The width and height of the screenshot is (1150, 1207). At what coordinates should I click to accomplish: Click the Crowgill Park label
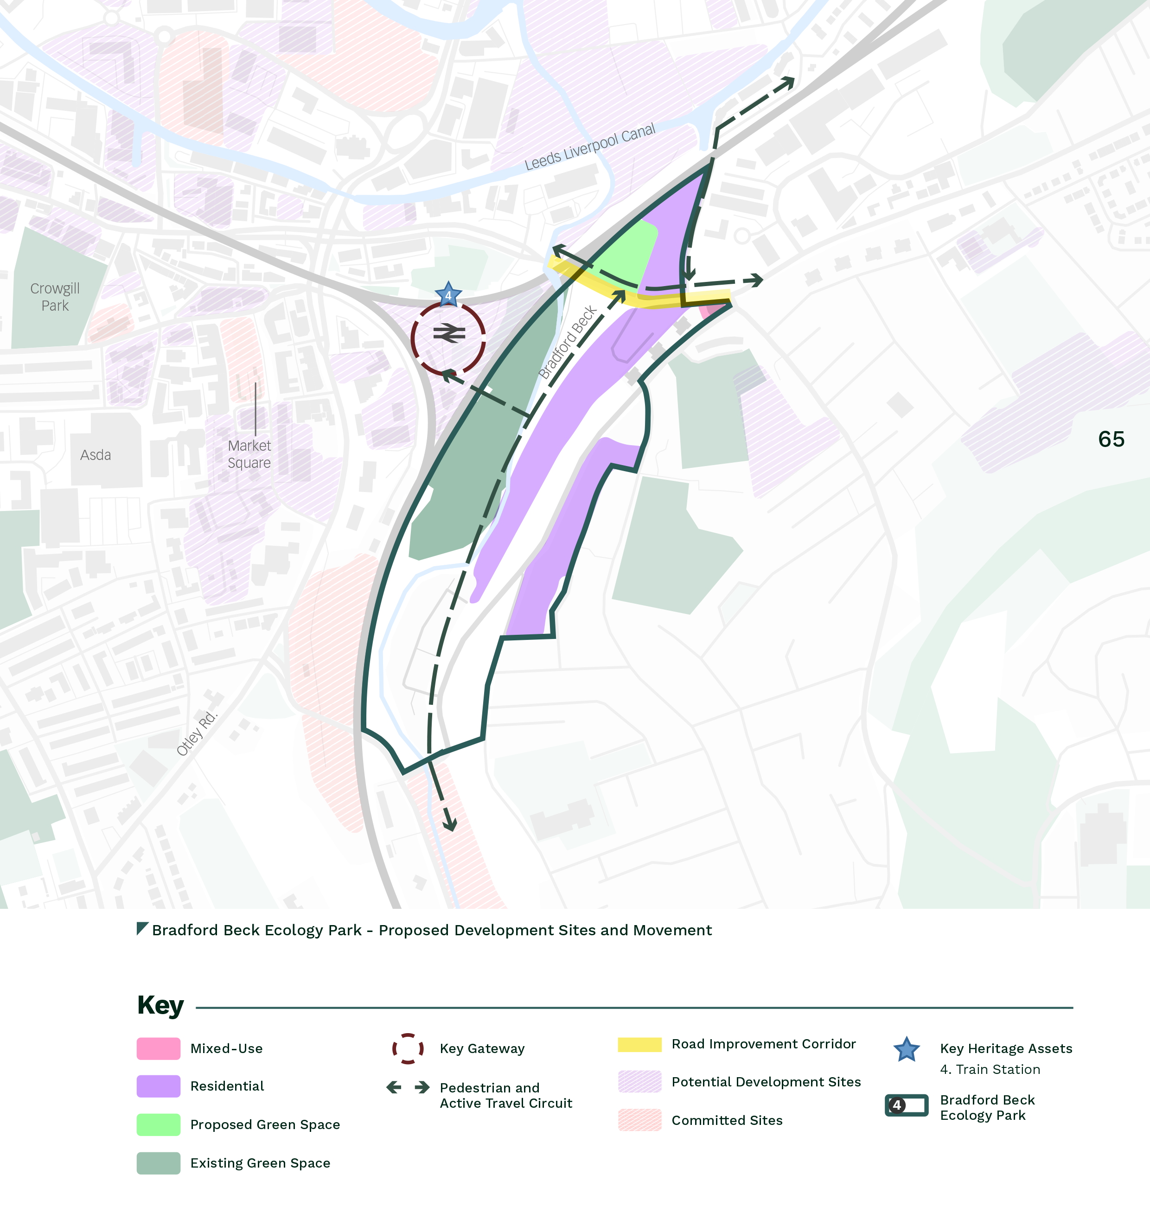(x=55, y=297)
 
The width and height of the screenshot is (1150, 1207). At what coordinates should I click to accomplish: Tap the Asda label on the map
(x=96, y=455)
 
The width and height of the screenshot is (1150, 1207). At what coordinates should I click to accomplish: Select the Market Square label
(x=249, y=454)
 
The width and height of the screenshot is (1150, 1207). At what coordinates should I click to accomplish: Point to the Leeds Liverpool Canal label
(x=590, y=147)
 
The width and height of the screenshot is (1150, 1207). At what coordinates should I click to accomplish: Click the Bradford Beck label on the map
(x=567, y=342)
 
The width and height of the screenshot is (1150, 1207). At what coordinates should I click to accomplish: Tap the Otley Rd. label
(x=197, y=733)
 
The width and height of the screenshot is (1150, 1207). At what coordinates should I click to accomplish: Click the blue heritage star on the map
(x=448, y=295)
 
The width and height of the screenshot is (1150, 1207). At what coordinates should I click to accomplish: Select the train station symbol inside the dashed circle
(x=449, y=333)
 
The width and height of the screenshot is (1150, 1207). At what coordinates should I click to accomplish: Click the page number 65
(x=1111, y=439)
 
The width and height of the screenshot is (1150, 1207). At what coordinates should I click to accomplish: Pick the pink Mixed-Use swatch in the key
(x=158, y=1048)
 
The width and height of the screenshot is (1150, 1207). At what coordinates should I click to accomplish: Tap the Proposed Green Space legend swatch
(x=158, y=1124)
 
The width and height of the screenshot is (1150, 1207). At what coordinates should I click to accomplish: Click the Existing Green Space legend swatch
(x=158, y=1163)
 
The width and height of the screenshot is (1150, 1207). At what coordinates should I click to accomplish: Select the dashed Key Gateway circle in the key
(x=408, y=1048)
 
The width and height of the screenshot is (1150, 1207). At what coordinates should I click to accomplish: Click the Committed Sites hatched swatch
(x=639, y=1120)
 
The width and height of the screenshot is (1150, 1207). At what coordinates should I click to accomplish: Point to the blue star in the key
(x=906, y=1049)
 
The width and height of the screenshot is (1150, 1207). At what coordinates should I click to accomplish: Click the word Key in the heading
(x=160, y=1006)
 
